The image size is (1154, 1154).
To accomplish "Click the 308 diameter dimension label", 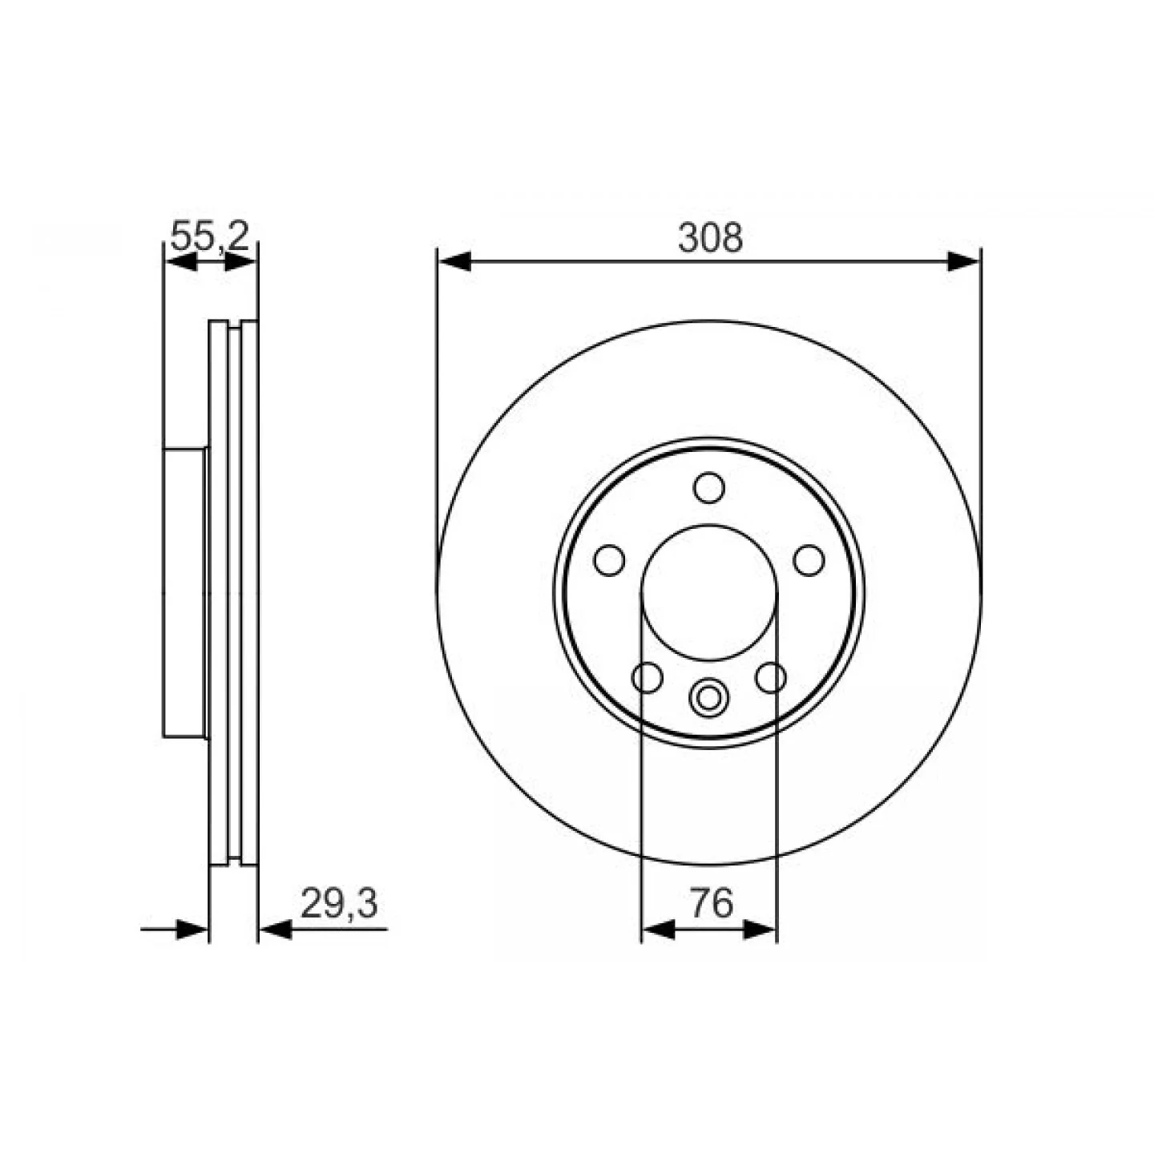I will (710, 238).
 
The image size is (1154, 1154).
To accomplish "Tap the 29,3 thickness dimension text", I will (338, 904).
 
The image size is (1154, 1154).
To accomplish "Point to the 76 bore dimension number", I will (711, 904).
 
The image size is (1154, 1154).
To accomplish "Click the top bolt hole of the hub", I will (709, 487).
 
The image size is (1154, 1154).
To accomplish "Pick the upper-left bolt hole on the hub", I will (609, 559).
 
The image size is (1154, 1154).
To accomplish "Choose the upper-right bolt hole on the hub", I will (809, 559).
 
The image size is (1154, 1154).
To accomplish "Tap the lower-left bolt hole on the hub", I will (648, 677).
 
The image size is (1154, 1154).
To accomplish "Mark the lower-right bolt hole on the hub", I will (771, 677).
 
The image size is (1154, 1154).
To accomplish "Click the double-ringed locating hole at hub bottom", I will (708, 697).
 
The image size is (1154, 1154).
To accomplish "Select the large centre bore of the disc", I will (709, 593).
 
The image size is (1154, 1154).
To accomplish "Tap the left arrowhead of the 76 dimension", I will (659, 930).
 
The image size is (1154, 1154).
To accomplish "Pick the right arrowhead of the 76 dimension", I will (760, 930).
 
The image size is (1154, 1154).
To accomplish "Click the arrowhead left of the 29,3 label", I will (276, 930).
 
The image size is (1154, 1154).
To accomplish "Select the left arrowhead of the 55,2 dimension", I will (181, 261).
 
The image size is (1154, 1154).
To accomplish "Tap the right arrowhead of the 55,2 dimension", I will (240, 261).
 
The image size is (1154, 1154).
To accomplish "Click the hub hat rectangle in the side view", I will (185, 593).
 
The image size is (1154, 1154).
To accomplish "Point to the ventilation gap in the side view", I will (235, 593).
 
